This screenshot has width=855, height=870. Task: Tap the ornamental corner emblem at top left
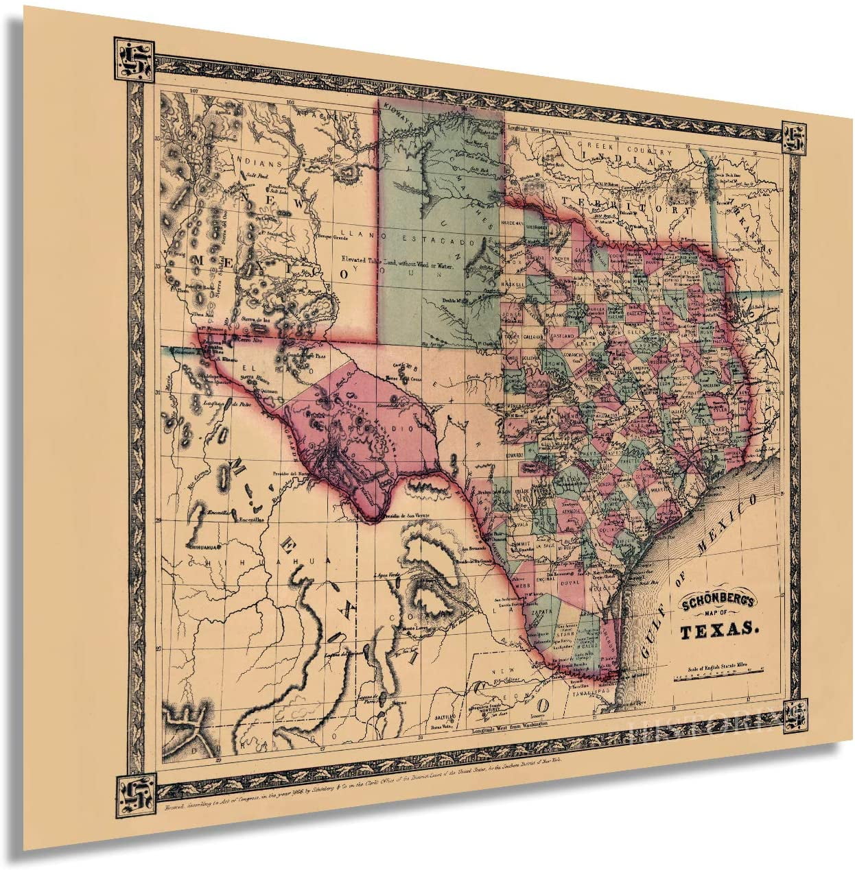(130, 59)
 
